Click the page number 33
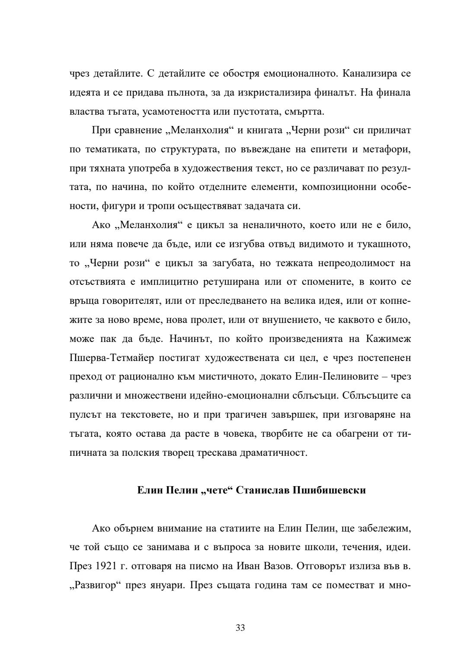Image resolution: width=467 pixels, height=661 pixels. (240, 628)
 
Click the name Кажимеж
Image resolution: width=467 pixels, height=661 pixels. (388, 339)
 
